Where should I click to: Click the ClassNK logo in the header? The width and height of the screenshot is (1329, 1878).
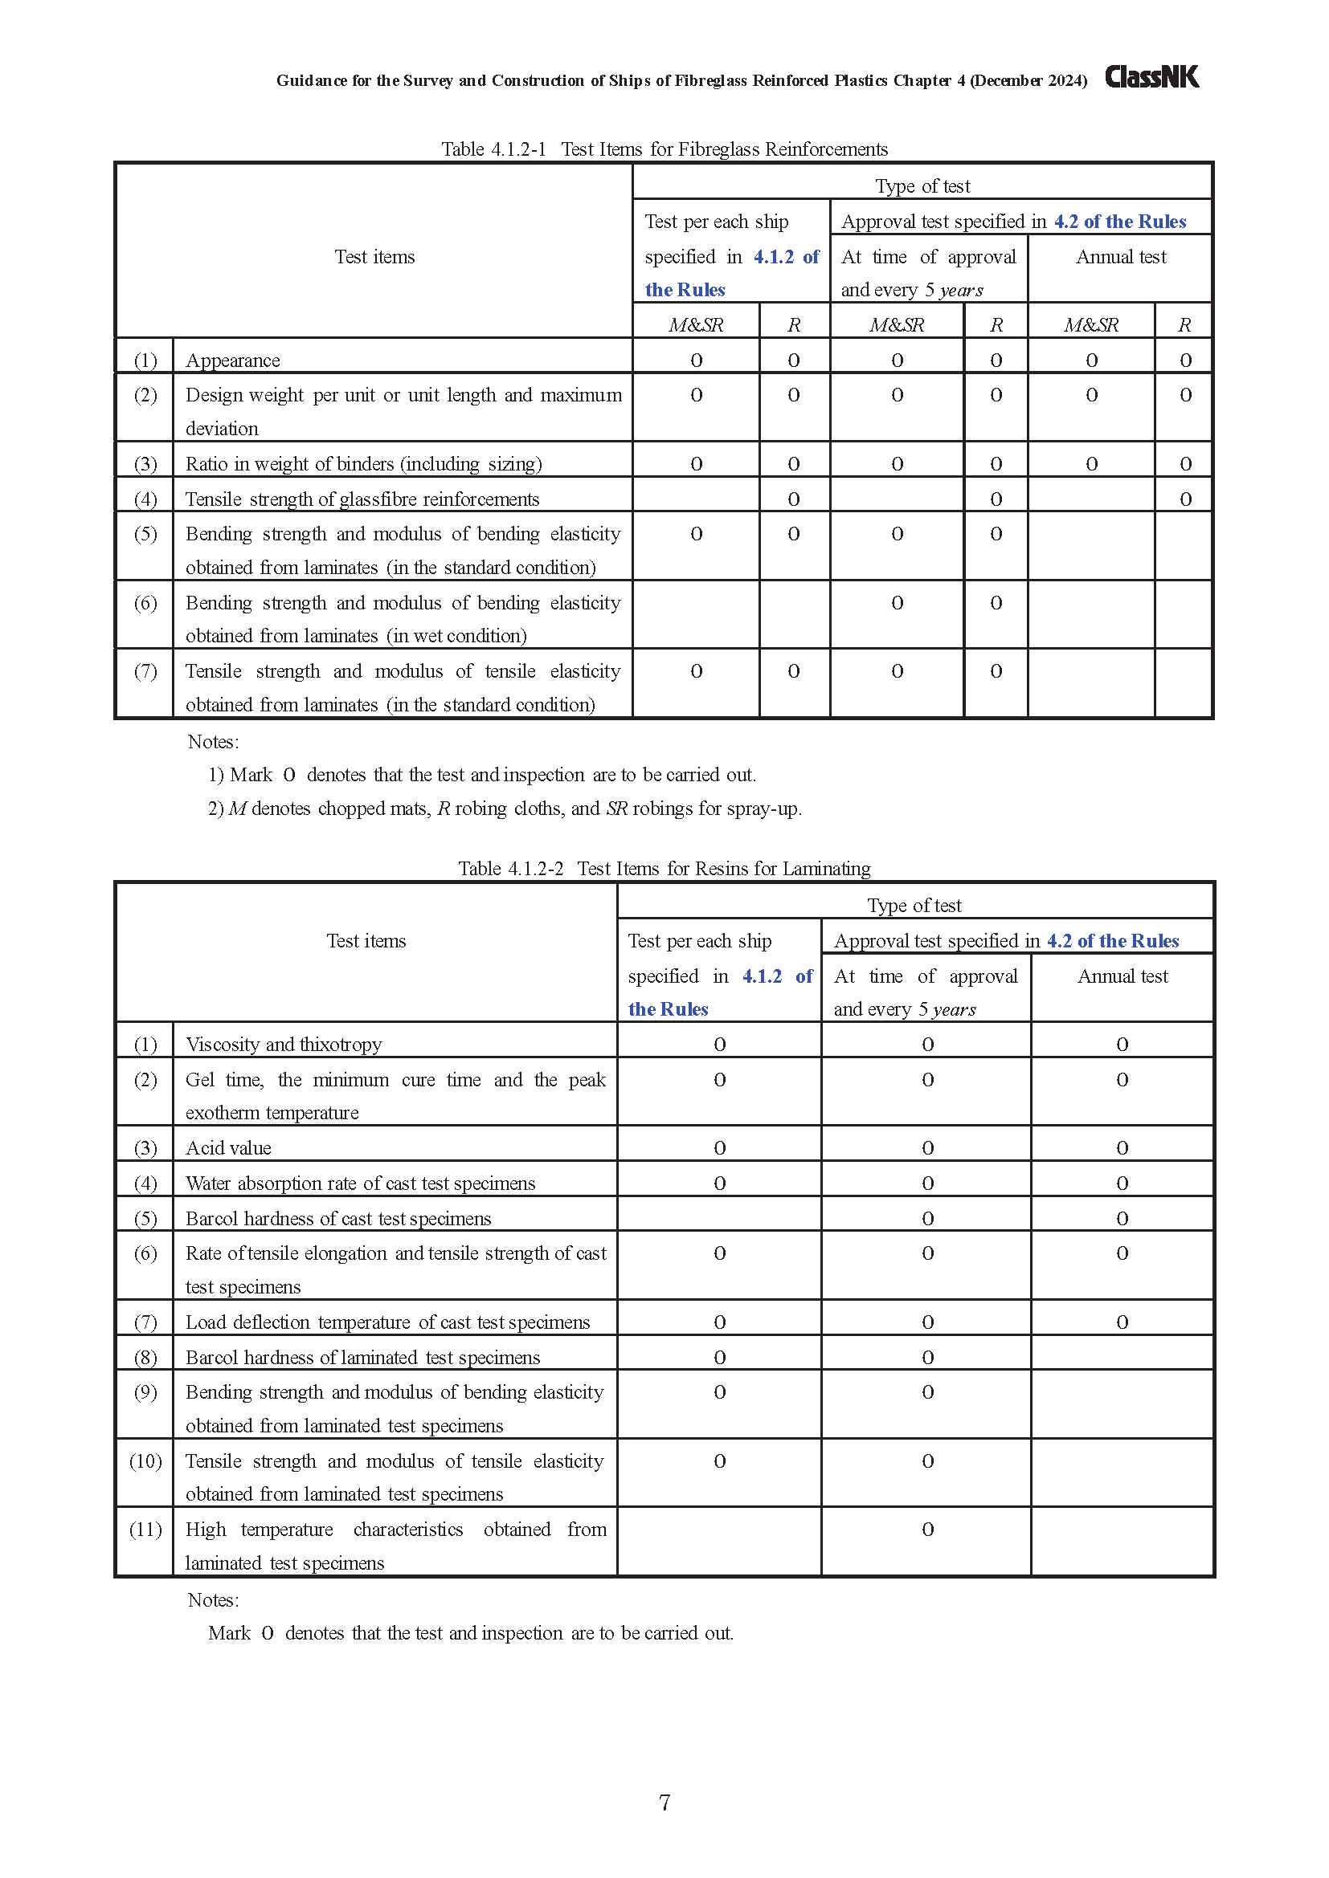pyautogui.click(x=1151, y=77)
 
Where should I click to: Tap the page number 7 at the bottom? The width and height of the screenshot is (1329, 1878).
pyautogui.click(x=664, y=1802)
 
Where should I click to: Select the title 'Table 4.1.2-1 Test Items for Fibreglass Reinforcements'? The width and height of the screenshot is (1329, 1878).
pyautogui.click(x=664, y=149)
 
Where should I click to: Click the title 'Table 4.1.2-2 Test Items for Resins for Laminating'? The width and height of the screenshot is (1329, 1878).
pyautogui.click(x=664, y=868)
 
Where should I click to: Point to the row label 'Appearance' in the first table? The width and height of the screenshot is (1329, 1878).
pyautogui.click(x=232, y=361)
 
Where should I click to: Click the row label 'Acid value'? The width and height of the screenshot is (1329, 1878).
pyautogui.click(x=228, y=1147)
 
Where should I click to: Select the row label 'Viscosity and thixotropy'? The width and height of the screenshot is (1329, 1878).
pyautogui.click(x=284, y=1045)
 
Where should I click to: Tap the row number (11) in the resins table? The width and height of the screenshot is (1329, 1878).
pyautogui.click(x=145, y=1530)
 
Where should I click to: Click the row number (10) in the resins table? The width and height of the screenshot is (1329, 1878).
pyautogui.click(x=145, y=1460)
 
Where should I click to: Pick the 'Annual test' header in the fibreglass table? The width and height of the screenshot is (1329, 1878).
pyautogui.click(x=1120, y=257)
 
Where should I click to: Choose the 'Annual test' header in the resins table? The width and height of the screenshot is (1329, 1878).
pyautogui.click(x=1122, y=976)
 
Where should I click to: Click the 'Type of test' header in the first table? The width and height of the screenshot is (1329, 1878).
pyautogui.click(x=922, y=185)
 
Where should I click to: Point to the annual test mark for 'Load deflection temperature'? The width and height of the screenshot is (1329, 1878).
pyautogui.click(x=1122, y=1322)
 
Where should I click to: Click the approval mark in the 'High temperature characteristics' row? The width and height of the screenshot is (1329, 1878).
pyautogui.click(x=927, y=1530)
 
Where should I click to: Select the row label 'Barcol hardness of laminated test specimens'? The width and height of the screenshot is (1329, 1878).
pyautogui.click(x=362, y=1358)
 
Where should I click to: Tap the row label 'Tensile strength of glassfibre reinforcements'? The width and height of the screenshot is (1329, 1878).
pyautogui.click(x=362, y=499)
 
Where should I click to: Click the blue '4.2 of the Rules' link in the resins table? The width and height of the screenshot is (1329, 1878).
pyautogui.click(x=1113, y=941)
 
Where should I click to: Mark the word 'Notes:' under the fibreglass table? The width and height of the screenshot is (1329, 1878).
pyautogui.click(x=214, y=742)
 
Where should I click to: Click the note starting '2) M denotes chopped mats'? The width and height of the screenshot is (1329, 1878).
pyautogui.click(x=505, y=809)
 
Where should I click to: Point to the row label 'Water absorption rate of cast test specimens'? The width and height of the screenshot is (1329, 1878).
pyautogui.click(x=360, y=1183)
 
